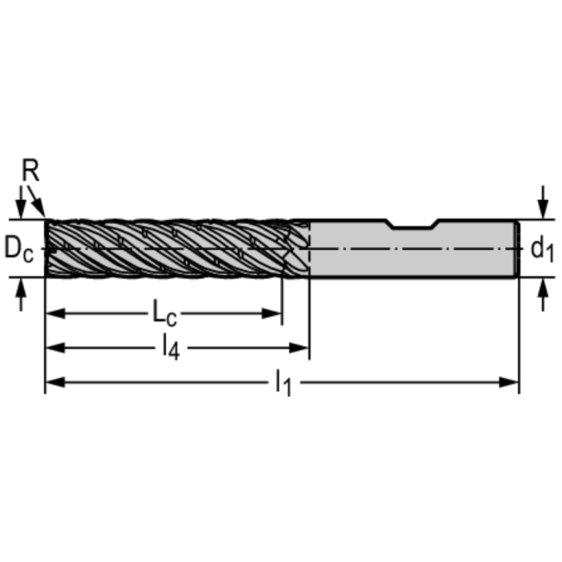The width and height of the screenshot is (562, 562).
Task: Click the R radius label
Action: (30, 171)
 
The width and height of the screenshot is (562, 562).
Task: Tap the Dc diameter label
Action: (20, 248)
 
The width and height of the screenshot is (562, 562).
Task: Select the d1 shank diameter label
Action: (542, 249)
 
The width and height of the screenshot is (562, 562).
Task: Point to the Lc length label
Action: (164, 314)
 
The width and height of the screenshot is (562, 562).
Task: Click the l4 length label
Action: (169, 347)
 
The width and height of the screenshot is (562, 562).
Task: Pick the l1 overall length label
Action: (284, 381)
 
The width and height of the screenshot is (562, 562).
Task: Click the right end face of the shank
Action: (517, 248)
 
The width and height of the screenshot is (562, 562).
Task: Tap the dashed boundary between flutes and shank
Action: (309, 248)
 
